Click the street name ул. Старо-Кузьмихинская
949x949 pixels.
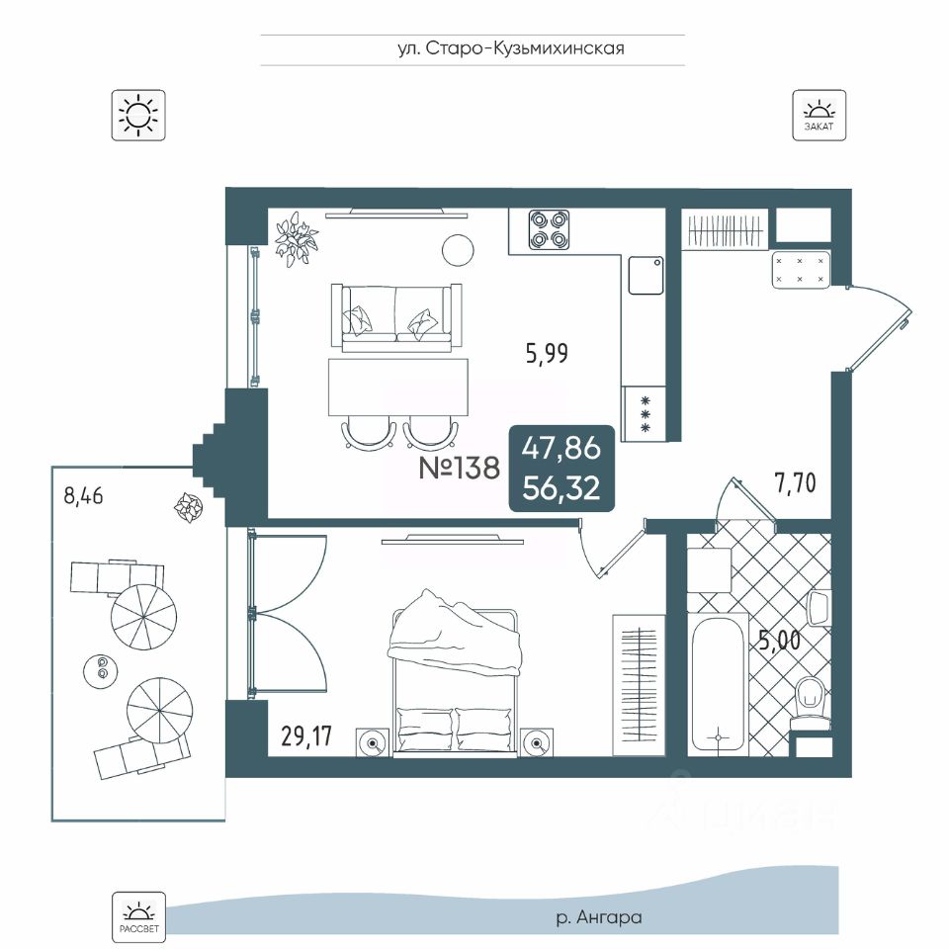pos(511,48)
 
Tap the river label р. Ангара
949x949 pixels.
pos(599,917)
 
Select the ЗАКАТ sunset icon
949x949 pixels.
pos(819,116)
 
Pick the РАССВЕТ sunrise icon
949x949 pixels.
pos(138,916)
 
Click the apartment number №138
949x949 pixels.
pos(460,468)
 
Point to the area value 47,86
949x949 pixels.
pos(561,448)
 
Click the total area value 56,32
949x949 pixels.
pos(561,487)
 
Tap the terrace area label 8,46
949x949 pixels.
pos(83,495)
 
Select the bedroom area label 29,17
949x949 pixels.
pos(306,735)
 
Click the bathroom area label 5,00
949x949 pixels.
pos(780,641)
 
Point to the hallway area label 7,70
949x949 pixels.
pos(795,483)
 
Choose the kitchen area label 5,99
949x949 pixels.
pos(547,354)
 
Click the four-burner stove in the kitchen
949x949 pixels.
pos(549,229)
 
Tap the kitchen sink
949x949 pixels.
pos(646,276)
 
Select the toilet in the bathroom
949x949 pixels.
pos(811,702)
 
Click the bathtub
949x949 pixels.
pos(718,684)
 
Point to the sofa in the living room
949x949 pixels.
pos(396,318)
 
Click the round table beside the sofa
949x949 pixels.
pos(458,250)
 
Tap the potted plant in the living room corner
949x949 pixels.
pos(296,238)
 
